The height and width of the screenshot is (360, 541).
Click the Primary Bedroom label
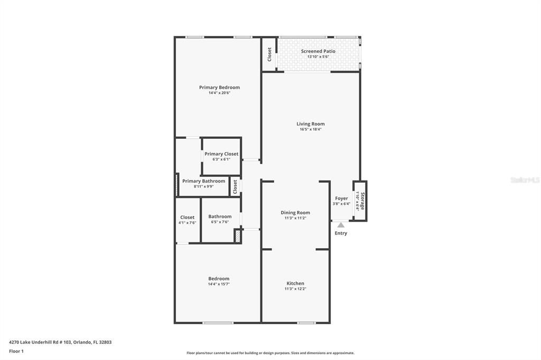click(x=219, y=88)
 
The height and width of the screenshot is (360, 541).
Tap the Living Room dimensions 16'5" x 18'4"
click(x=310, y=129)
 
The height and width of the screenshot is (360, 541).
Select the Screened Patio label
click(x=318, y=51)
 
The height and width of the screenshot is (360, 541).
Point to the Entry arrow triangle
click(x=341, y=225)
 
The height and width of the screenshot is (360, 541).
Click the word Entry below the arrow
click(x=341, y=233)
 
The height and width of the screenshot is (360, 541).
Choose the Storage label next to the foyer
click(x=362, y=201)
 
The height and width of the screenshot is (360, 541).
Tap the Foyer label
click(x=342, y=198)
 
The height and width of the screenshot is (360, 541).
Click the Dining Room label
click(x=295, y=213)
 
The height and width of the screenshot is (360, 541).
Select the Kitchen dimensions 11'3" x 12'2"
click(x=295, y=289)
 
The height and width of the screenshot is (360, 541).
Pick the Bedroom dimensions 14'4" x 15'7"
click(x=219, y=284)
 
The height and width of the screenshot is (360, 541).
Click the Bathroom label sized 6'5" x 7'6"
click(x=220, y=216)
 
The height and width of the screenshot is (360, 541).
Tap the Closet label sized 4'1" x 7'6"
click(x=187, y=217)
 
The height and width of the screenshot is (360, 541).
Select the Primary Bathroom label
click(x=203, y=181)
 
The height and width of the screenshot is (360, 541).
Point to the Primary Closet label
click(x=221, y=154)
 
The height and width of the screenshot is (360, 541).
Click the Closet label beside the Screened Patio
click(x=269, y=54)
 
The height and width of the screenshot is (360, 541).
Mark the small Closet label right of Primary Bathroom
click(x=235, y=186)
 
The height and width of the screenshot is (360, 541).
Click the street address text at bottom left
click(x=60, y=342)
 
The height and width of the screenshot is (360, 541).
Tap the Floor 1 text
click(x=16, y=351)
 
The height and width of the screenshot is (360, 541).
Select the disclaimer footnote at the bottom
click(x=270, y=353)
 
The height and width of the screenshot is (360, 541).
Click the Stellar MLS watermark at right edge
click(x=525, y=180)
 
